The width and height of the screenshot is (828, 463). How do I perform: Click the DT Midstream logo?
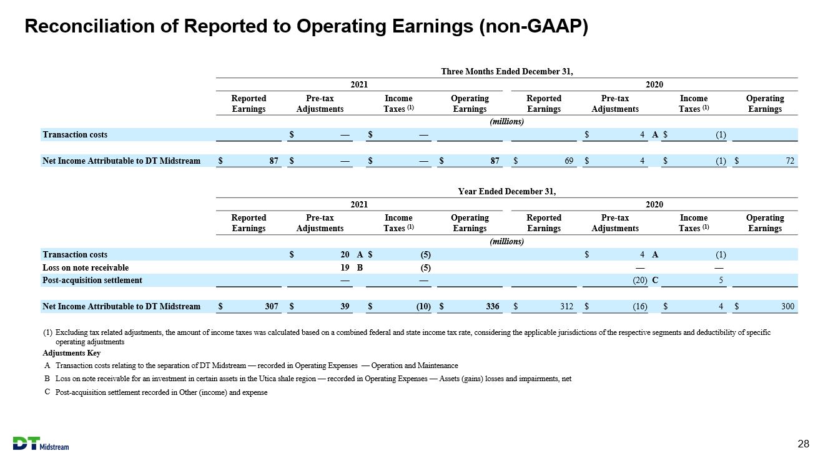[41, 444]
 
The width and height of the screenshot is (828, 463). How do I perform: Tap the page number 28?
[803, 444]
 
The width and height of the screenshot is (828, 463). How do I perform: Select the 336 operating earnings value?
[492, 306]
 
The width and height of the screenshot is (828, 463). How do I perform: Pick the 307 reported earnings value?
[272, 306]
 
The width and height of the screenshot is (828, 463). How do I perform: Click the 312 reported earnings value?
[566, 306]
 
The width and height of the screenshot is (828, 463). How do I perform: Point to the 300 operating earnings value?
[787, 306]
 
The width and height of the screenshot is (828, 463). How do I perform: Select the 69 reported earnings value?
[568, 161]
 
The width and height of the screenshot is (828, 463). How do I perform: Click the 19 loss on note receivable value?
[345, 267]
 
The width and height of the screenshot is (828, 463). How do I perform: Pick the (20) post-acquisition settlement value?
[640, 281]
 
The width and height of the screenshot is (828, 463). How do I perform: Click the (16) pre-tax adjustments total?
[640, 306]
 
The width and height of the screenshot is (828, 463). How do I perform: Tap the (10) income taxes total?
[423, 306]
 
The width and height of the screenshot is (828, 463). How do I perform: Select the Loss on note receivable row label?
[86, 267]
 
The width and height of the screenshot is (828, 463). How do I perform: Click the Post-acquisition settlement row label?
[92, 281]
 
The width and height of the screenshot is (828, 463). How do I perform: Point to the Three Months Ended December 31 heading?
[507, 71]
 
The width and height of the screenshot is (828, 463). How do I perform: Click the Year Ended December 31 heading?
[507, 191]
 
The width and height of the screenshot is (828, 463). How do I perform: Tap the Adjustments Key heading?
[71, 353]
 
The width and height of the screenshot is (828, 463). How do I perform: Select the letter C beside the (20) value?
[655, 280]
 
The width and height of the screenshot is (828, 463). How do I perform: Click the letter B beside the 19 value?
[360, 267]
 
